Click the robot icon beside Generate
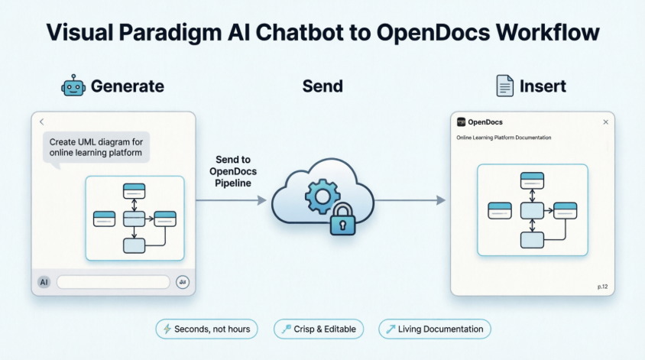73,86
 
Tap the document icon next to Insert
505,86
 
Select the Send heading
322,86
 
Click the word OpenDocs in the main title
430,33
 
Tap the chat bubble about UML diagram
96,146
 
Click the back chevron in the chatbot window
42,122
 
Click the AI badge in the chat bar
44,282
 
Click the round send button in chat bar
182,282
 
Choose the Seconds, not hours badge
207,329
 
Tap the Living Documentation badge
435,329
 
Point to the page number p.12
601,287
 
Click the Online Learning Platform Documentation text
504,138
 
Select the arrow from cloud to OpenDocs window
409,200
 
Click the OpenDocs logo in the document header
461,122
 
